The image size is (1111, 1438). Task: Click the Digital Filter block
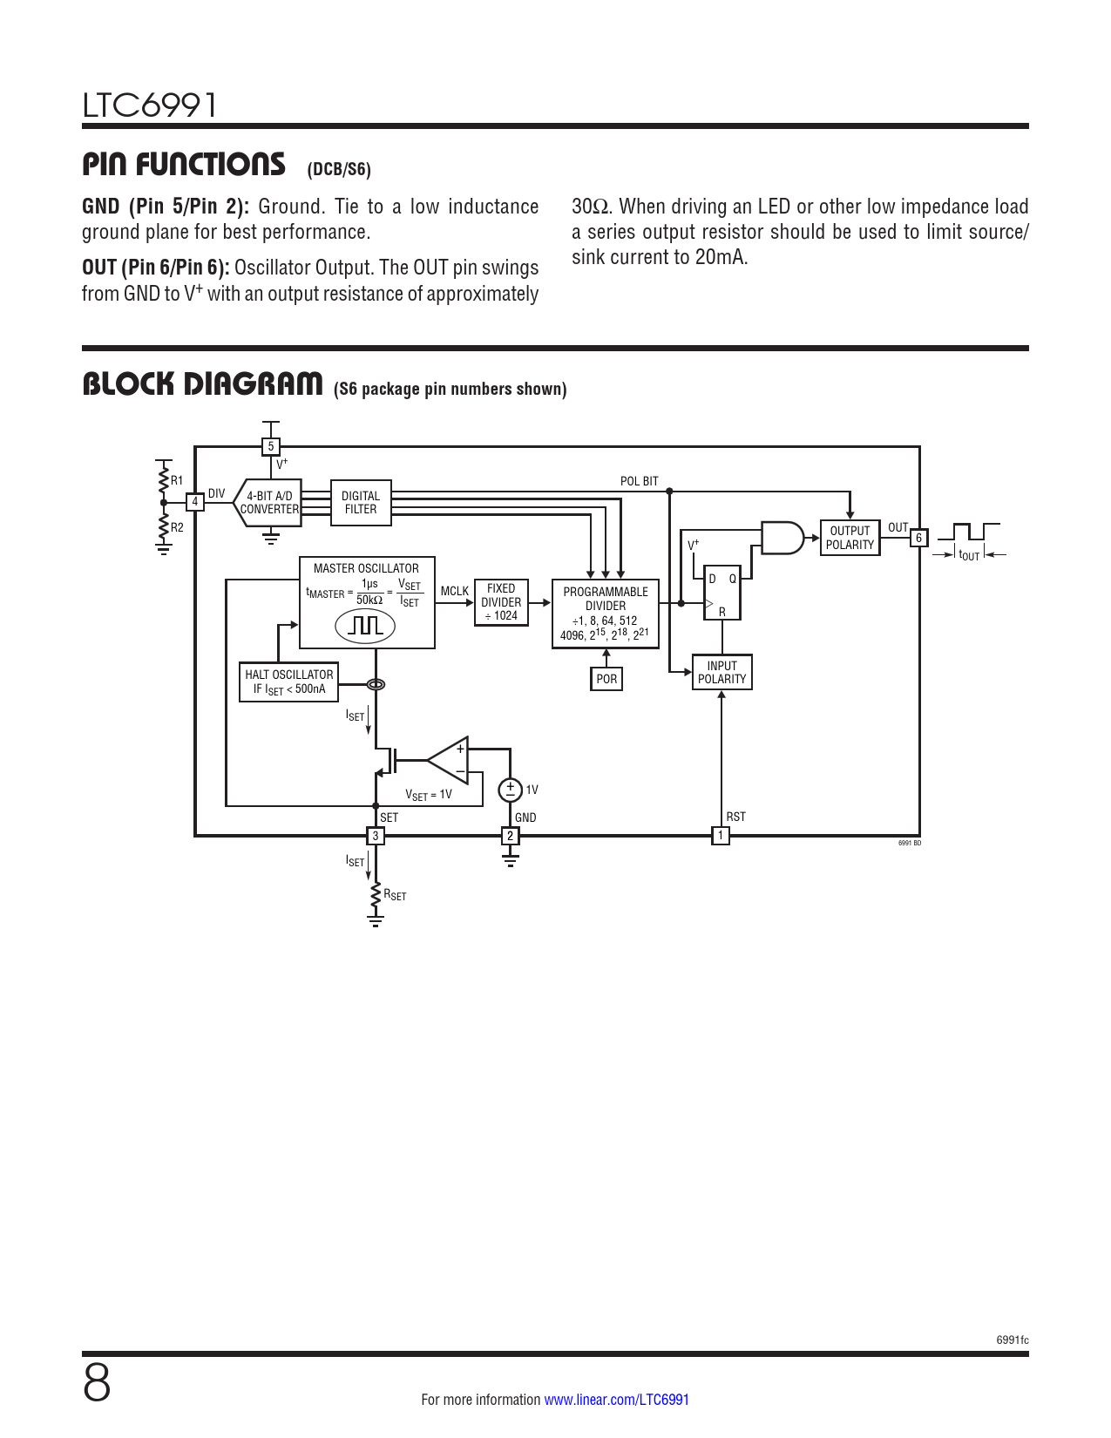point(361,503)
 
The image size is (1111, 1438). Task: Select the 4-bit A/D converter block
point(269,503)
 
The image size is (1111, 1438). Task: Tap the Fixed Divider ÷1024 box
point(501,602)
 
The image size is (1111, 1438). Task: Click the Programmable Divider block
point(606,614)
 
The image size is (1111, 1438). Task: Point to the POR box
point(606,679)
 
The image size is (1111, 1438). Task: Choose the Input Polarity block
point(721,672)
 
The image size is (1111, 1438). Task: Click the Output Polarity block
point(850,538)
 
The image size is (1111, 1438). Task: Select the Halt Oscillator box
point(289,682)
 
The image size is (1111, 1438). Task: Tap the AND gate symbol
point(782,538)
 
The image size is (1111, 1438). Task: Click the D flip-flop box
point(722,593)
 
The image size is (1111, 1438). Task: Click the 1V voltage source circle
point(510,790)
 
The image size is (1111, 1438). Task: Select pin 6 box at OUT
point(918,538)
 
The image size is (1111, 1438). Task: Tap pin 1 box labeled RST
point(721,836)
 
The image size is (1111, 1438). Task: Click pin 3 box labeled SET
point(376,836)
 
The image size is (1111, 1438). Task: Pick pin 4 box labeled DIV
point(195,502)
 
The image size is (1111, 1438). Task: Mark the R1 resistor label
point(177,480)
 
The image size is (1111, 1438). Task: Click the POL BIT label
point(640,481)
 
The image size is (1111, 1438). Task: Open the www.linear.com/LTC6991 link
point(616,1400)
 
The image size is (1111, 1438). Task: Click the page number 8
point(97,1383)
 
